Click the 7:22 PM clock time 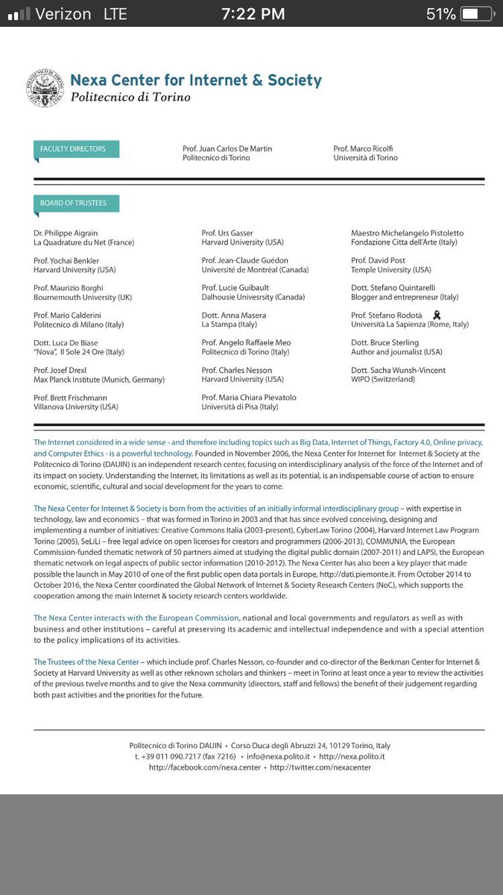coord(252,14)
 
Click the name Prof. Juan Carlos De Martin coord(227,148)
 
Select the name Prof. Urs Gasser coord(227,233)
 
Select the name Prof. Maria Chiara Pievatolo coord(251,398)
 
